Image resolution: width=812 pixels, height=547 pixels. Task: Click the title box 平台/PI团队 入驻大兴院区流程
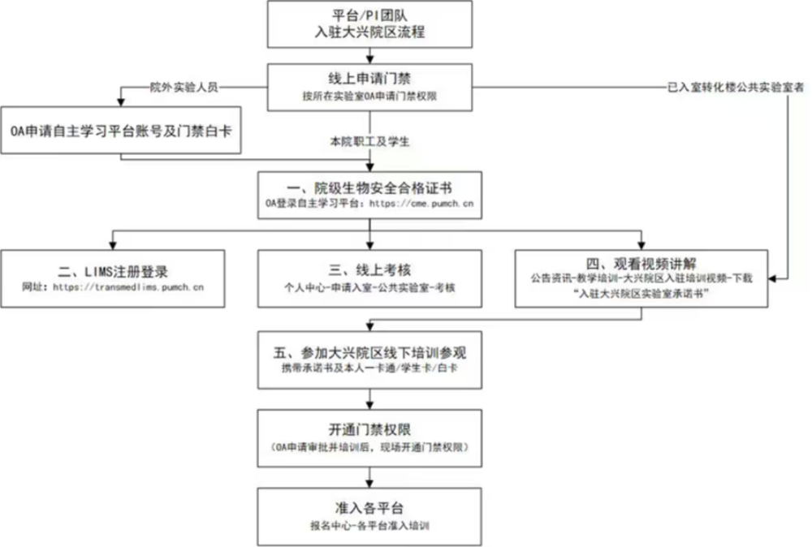[x=370, y=24]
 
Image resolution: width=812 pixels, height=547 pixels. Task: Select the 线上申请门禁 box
[x=370, y=87]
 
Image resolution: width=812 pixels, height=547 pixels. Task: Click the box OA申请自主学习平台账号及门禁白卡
[x=121, y=129]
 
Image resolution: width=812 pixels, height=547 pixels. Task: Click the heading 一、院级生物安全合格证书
[x=370, y=186]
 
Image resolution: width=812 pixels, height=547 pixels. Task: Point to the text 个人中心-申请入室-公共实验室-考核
[x=370, y=287]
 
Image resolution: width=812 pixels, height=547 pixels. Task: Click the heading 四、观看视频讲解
[x=641, y=264]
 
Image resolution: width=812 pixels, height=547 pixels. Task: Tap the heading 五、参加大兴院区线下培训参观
[x=370, y=352]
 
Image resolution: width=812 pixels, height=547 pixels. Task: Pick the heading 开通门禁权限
[x=370, y=430]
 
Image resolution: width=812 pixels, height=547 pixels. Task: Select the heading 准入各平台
[x=370, y=508]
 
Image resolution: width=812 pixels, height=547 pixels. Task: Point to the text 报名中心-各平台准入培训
[x=370, y=526]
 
